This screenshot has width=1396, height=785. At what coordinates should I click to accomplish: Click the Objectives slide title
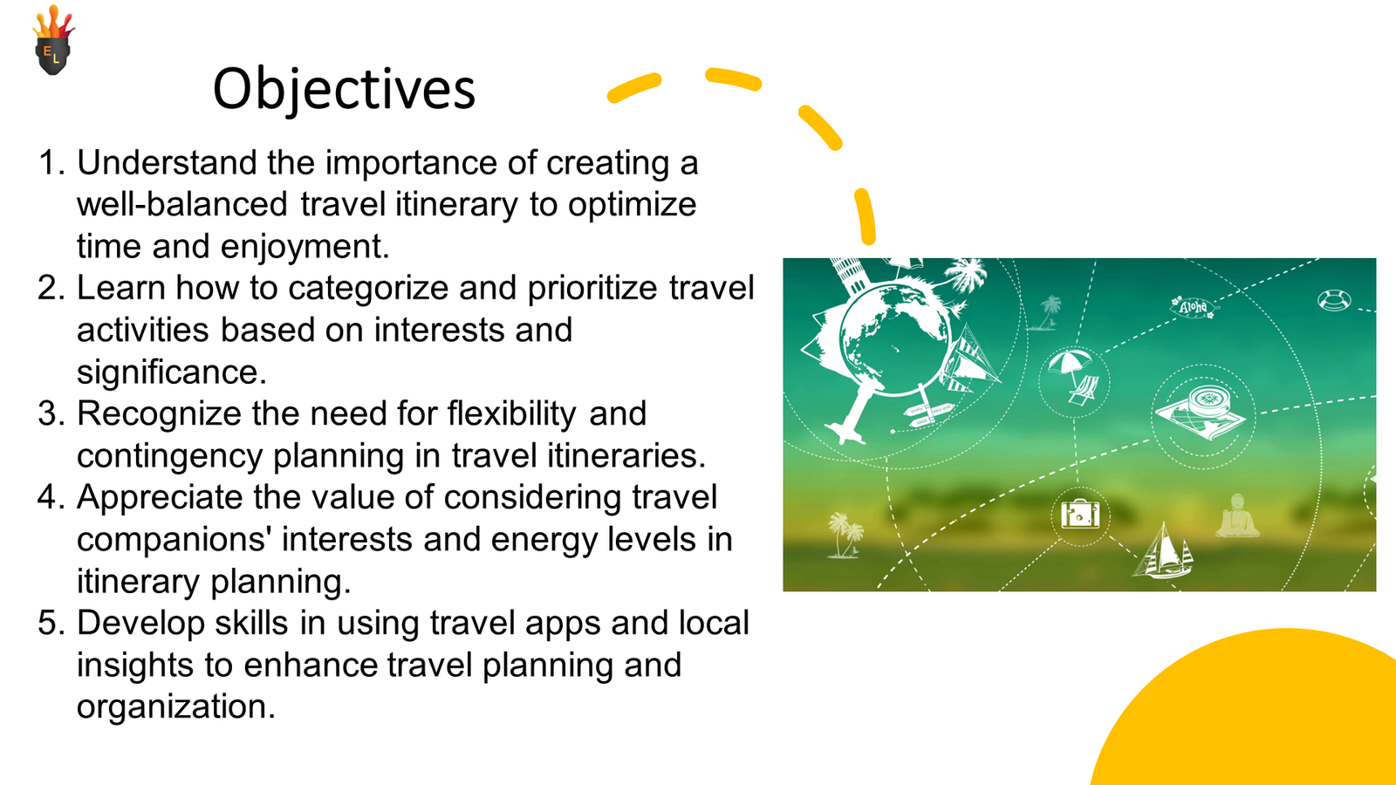(x=344, y=89)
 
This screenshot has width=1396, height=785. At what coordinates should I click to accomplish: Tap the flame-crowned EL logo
(x=53, y=40)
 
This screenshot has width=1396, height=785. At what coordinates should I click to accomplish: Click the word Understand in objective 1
(x=167, y=162)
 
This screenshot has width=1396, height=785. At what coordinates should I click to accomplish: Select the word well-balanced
(x=182, y=204)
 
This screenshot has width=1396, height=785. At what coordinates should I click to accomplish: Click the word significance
(x=171, y=372)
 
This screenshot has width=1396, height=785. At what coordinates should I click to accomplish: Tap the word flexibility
(x=511, y=413)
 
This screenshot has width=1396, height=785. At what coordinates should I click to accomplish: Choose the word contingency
(x=169, y=456)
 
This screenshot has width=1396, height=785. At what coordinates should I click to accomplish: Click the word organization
(x=175, y=706)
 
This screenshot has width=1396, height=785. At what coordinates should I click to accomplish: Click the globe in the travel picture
(x=895, y=340)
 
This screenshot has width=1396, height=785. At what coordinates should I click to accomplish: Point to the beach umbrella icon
(x=1070, y=363)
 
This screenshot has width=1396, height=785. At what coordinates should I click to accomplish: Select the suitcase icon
(x=1080, y=515)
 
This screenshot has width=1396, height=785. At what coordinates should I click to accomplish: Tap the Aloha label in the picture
(x=1194, y=307)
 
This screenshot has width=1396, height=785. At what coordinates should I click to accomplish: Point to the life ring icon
(x=1334, y=300)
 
